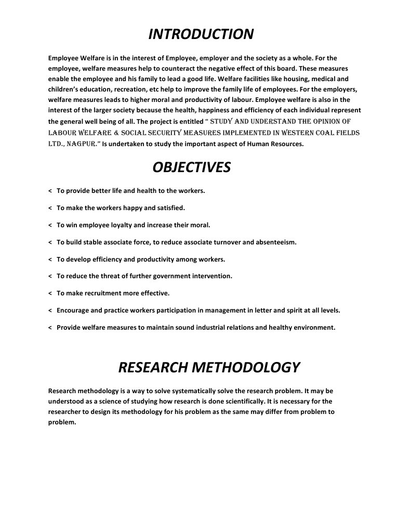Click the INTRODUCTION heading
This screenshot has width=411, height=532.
coord(201,34)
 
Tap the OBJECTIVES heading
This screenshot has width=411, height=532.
coord(191,167)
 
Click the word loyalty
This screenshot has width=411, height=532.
coord(136,225)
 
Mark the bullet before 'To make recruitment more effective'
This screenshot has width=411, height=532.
coord(49,293)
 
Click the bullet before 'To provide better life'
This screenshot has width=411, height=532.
coord(49,191)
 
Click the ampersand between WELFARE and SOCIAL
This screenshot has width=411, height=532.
coord(126,133)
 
